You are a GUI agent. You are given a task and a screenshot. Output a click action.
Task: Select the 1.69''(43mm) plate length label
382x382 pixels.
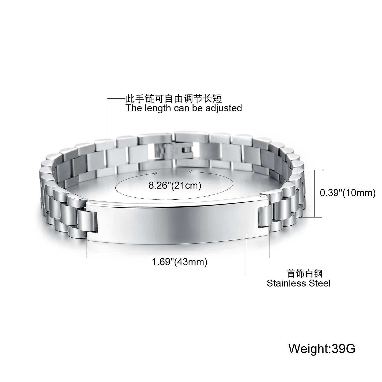180,262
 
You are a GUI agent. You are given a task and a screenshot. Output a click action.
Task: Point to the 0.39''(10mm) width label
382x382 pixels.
348,193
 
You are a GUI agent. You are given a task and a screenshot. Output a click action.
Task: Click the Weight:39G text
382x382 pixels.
322,348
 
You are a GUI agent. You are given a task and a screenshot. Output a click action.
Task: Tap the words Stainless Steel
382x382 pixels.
298,283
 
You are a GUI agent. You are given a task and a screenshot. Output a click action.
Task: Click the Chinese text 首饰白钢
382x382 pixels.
305,274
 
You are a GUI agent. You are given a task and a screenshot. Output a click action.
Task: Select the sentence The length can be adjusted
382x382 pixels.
183,108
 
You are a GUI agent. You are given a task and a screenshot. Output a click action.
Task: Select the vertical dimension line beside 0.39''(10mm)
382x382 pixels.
315,194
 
